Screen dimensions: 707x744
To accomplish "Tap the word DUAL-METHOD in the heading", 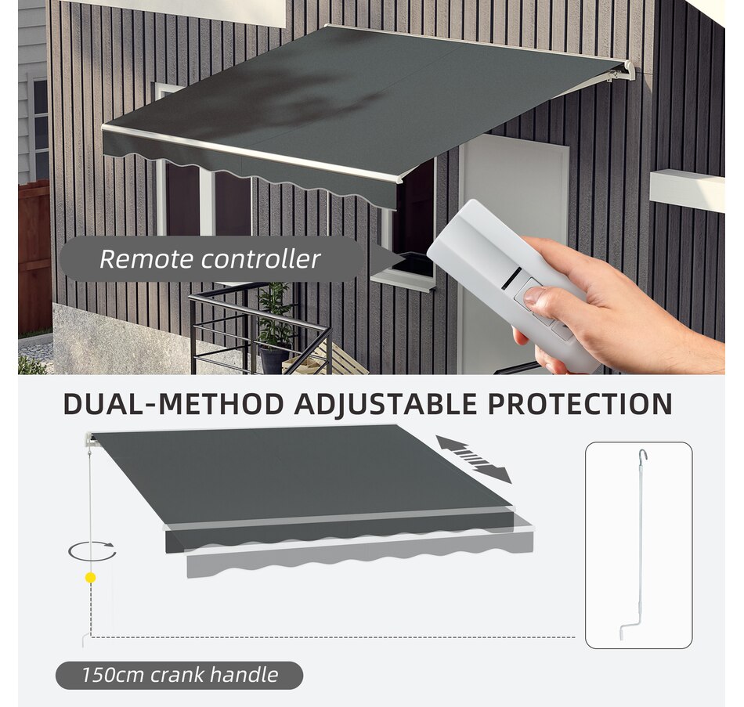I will pyautogui.click(x=173, y=404).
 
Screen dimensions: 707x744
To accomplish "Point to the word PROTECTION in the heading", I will pyautogui.click(x=580, y=404).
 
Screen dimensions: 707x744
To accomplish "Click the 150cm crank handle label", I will pyautogui.click(x=179, y=674).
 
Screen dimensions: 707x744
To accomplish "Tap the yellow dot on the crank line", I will pyautogui.click(x=91, y=578).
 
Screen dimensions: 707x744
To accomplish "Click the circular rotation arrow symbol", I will pyautogui.click(x=92, y=550).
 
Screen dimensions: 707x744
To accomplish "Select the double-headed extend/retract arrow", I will pyautogui.click(x=474, y=459).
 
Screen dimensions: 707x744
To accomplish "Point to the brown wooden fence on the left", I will pyautogui.click(x=34, y=258).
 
